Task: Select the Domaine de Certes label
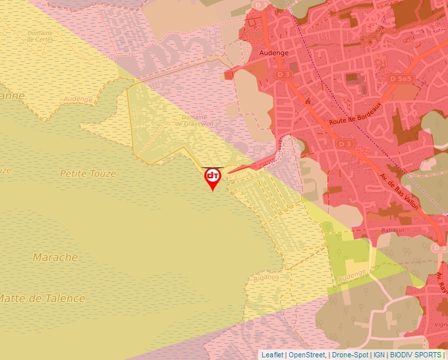40,36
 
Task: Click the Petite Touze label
88,174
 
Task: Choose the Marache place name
55,257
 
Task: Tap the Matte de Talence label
41,298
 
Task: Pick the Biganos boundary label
266,278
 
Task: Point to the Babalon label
392,231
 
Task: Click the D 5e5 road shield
401,79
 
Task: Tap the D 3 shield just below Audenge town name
284,76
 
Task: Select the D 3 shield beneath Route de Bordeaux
344,143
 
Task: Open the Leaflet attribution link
273,355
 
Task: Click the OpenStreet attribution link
307,355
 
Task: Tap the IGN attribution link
379,355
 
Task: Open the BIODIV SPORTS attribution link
416,355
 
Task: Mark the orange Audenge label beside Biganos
352,276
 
